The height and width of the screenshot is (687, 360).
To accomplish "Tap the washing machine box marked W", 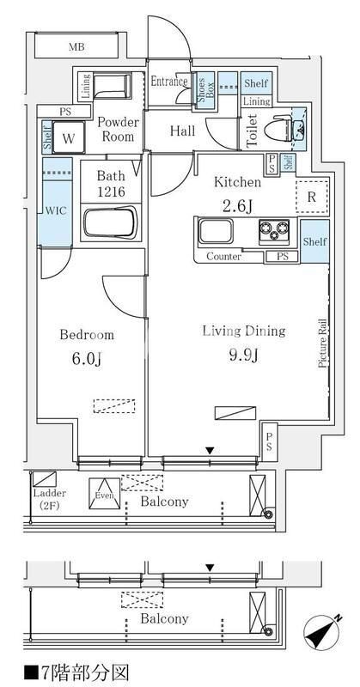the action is click(69, 138).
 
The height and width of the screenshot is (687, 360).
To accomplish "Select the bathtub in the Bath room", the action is click(111, 223).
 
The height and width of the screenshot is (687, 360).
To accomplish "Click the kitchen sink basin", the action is click(216, 231).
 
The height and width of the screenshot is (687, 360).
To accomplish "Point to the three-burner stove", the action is click(274, 231).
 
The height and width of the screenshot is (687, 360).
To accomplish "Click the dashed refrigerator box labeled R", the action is click(312, 197).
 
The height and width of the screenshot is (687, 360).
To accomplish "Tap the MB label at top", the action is click(76, 47).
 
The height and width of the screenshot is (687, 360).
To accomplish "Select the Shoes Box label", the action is click(205, 88).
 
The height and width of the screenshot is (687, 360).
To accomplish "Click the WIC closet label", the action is click(56, 210).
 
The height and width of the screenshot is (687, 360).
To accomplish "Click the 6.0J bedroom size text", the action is click(88, 359).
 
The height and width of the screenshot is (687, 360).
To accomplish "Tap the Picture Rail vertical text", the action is click(323, 343).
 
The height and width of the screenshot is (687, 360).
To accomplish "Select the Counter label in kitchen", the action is click(223, 257).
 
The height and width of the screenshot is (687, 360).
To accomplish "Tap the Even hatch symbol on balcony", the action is click(104, 494).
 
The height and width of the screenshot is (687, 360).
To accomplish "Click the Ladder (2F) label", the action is click(50, 499).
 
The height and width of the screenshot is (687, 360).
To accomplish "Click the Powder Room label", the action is click(118, 130).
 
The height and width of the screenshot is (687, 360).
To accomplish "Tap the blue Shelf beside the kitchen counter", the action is click(314, 241).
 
